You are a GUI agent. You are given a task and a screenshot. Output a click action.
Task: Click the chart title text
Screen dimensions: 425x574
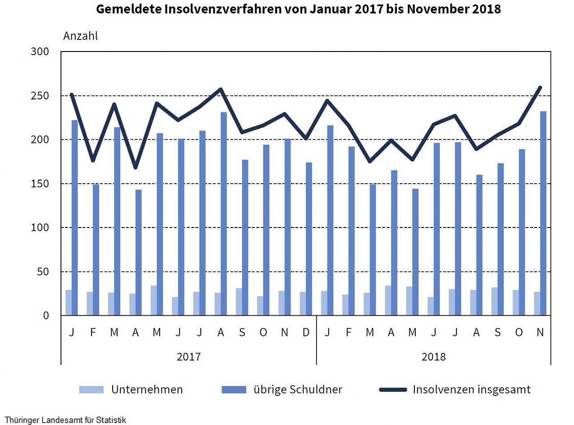[x=298, y=9]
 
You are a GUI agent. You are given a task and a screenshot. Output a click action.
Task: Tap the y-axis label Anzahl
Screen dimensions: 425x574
[x=80, y=36]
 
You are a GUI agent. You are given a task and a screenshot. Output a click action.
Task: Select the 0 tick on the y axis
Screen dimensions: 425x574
[x=46, y=316]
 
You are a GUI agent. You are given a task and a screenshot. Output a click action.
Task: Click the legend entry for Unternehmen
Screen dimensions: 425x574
[x=147, y=390]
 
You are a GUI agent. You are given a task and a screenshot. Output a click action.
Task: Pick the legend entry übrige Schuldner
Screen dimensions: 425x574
[x=298, y=390]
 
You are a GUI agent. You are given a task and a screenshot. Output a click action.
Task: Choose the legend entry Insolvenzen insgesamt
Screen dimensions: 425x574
[x=471, y=390]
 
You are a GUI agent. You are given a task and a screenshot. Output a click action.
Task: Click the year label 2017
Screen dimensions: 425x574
[x=188, y=357]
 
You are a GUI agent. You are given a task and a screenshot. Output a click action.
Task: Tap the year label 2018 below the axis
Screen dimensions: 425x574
[x=434, y=357]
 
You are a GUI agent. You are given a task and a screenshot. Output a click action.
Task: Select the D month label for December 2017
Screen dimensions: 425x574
[x=306, y=332]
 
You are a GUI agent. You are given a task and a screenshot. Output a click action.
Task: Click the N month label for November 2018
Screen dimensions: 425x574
[x=540, y=332]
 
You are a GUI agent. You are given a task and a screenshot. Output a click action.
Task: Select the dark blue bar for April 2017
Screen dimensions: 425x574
[x=139, y=253]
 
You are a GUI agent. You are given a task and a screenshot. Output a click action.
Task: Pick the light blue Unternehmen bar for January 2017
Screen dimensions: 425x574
[x=69, y=303]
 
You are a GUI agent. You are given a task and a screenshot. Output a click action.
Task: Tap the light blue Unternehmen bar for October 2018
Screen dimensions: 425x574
[x=516, y=303]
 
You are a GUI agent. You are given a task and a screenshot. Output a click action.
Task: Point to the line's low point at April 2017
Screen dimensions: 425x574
[x=135, y=168]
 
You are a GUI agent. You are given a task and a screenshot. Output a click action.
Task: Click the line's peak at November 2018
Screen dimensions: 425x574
[x=540, y=87]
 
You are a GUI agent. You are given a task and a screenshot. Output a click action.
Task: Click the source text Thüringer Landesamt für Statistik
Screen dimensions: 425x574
[x=65, y=421]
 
